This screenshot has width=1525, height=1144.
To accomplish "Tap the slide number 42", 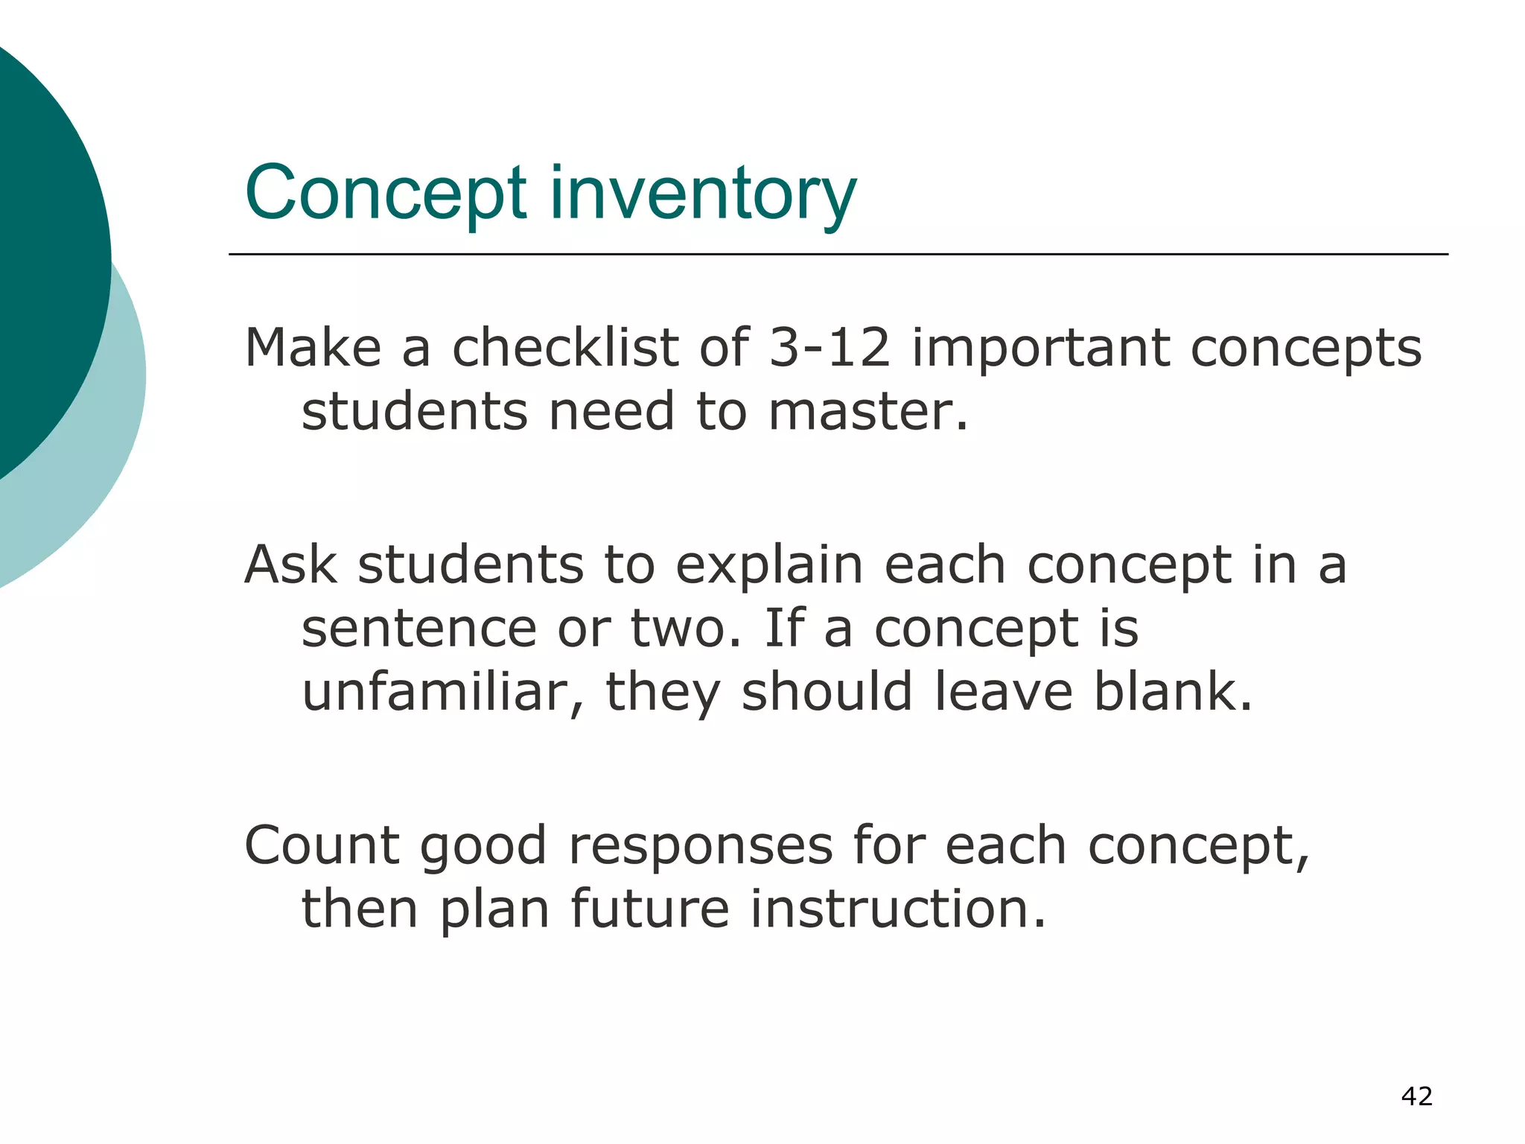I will click(x=1416, y=1096).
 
